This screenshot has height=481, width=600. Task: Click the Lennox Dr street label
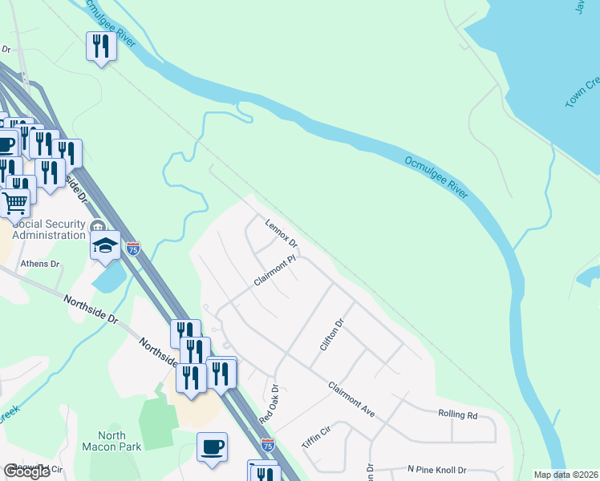tap(282, 232)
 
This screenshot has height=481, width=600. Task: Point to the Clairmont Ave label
tap(351, 398)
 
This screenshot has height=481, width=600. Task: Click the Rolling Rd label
tap(457, 415)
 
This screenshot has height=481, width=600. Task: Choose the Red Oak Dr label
tap(268, 405)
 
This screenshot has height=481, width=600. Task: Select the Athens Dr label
tap(40, 263)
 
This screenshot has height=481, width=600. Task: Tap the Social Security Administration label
tap(50, 229)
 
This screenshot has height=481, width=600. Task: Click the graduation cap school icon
tap(105, 245)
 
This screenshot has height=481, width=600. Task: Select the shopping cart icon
tap(15, 204)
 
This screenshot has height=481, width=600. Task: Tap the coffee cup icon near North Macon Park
tap(212, 447)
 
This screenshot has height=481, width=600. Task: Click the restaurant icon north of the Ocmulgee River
tap(101, 46)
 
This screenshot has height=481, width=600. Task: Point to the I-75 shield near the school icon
tap(133, 249)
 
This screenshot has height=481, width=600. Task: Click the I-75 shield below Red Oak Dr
tap(268, 444)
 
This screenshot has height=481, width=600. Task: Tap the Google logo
tap(26, 471)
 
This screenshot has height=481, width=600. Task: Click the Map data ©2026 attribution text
tap(566, 475)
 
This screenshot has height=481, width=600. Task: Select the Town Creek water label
tap(582, 93)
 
